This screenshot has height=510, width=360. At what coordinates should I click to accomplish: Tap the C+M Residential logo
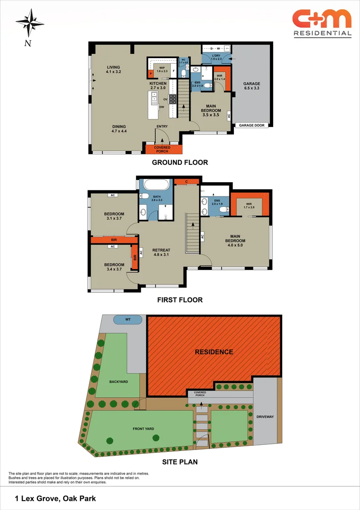[322, 22]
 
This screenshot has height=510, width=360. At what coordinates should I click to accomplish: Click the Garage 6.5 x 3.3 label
[251, 86]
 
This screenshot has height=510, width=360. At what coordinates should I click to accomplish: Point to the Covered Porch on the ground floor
[162, 149]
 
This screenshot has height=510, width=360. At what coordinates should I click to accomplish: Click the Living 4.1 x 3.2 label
[113, 69]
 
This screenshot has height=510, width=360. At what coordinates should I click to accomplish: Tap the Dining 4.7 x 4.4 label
[120, 128]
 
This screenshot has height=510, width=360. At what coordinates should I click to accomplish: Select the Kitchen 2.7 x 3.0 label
[158, 85]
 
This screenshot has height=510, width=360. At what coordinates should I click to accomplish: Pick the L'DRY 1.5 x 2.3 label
[217, 58]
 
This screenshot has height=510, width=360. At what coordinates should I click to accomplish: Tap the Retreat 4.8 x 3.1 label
[161, 252]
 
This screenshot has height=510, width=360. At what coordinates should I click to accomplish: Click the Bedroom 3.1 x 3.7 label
[114, 216]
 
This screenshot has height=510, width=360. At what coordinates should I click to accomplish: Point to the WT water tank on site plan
[127, 320]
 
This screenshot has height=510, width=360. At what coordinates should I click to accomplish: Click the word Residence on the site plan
[214, 352]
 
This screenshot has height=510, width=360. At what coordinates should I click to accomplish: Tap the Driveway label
[265, 417]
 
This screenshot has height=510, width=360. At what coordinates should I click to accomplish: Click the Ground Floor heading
[179, 162]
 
